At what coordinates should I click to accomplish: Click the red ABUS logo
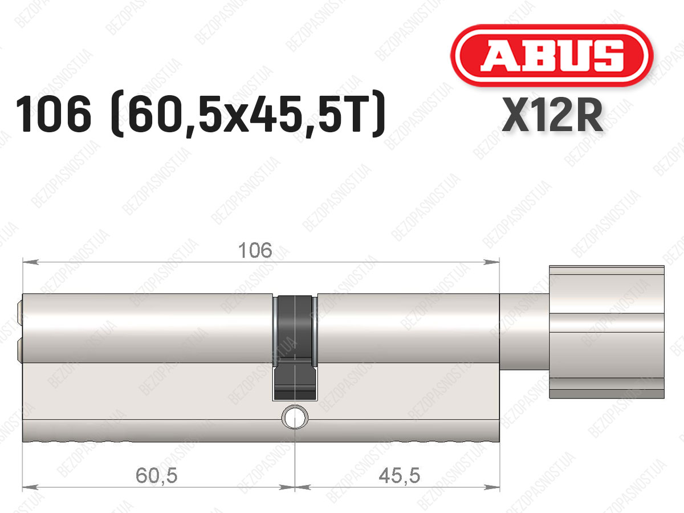[552, 55]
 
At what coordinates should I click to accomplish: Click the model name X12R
[552, 115]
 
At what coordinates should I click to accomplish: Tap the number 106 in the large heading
[54, 115]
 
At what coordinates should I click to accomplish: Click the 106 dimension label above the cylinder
[255, 250]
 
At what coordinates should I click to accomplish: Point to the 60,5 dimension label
[156, 475]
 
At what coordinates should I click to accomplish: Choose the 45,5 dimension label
[400, 475]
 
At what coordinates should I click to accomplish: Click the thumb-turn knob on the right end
[606, 332]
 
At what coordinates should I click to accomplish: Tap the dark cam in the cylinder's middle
[295, 348]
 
